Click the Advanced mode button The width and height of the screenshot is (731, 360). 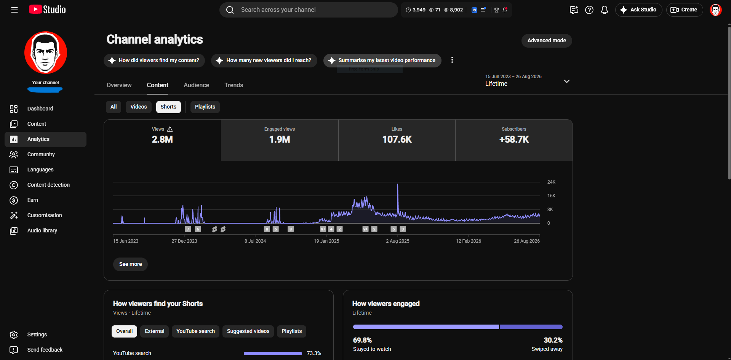point(547,41)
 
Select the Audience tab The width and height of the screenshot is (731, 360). point(196,85)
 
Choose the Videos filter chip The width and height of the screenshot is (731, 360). point(139,107)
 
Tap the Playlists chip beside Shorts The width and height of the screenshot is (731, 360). point(205,107)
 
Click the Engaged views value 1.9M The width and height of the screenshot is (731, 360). point(280,140)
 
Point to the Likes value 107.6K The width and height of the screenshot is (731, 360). point(397,140)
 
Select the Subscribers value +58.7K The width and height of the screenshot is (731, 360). point(514,140)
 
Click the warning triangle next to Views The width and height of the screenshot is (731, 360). point(170,129)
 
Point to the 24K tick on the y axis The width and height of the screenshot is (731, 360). point(551,182)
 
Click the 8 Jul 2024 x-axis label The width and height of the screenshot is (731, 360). point(255,241)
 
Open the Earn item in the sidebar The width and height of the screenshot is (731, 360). point(33,200)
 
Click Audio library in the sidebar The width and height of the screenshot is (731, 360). point(42,231)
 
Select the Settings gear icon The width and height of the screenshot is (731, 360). point(14,335)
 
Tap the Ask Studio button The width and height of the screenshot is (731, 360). point(638,10)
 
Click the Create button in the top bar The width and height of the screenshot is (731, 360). point(685,10)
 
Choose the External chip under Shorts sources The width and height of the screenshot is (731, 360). point(155,331)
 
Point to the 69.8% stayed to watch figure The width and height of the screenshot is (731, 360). point(362,340)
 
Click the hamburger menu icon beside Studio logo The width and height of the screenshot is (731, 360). point(14,10)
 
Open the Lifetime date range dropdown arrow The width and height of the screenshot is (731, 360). point(567,81)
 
